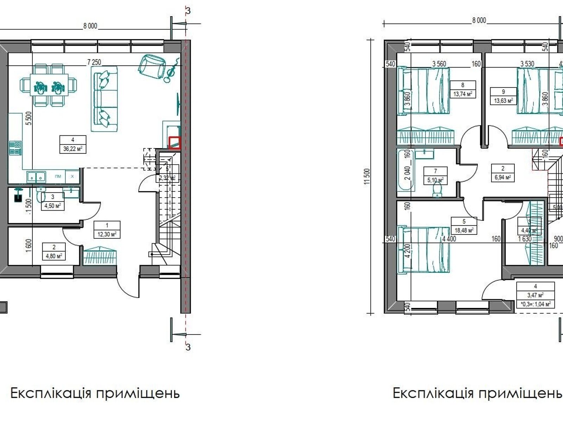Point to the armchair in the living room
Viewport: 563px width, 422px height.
click(152, 66)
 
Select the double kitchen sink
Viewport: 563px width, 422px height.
click(37, 177)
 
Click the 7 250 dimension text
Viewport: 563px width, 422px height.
click(94, 62)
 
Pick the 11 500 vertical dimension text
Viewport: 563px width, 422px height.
click(368, 176)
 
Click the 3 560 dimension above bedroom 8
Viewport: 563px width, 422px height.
click(439, 64)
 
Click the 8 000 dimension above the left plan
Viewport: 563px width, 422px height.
click(90, 26)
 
